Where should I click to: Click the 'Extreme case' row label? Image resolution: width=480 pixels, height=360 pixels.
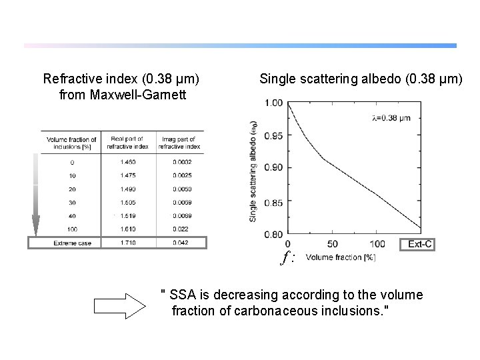72,243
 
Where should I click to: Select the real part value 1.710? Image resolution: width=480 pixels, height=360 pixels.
128,243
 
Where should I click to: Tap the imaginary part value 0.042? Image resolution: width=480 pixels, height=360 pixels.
180,243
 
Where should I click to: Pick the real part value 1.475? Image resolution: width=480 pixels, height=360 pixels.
128,176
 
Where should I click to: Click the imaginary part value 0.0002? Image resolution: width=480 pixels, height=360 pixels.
180,162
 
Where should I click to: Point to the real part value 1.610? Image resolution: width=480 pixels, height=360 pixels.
128,229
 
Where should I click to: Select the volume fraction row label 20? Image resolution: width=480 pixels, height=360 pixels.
72,189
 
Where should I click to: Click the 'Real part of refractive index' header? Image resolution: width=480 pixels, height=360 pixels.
128,143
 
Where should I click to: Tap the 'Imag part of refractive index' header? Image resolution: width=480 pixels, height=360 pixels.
180,143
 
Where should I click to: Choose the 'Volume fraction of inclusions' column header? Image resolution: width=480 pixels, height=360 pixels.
72,143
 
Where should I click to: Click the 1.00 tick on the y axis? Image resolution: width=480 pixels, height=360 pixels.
273,103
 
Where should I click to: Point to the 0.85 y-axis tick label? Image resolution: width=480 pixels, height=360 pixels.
273,203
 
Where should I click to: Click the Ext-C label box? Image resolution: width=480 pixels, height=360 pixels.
420,244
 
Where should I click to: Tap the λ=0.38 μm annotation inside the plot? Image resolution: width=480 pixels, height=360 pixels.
391,118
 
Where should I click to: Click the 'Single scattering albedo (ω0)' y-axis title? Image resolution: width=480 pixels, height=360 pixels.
253,171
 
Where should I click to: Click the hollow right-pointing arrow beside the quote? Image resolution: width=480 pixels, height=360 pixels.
119,306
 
